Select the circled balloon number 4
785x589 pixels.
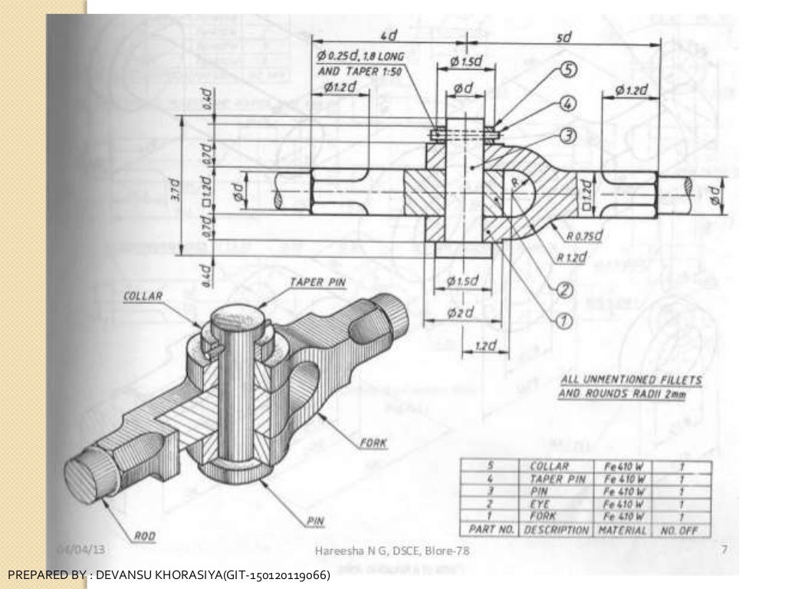click(568, 103)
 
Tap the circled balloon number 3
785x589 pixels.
click(568, 136)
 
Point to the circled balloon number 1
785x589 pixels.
click(563, 321)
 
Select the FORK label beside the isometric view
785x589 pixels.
click(373, 443)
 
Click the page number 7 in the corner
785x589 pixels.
click(724, 549)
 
